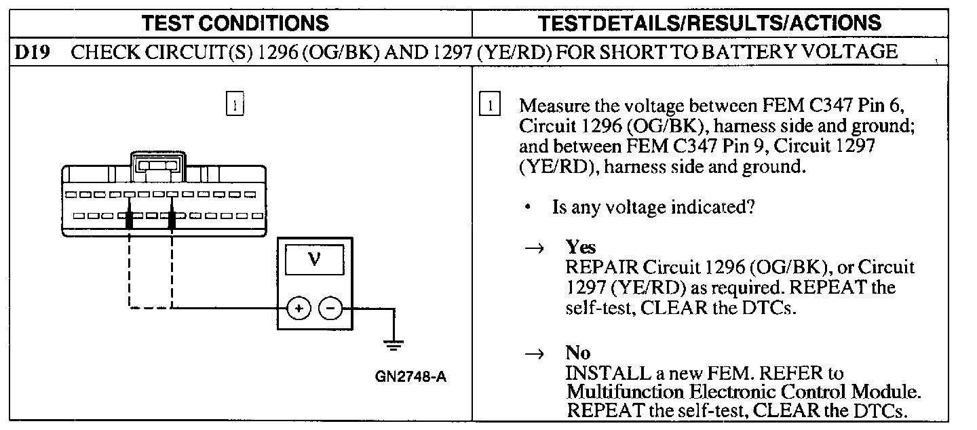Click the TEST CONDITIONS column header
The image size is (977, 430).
pos(235,23)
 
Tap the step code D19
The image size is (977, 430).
pos(33,52)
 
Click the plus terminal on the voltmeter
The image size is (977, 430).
pos(298,309)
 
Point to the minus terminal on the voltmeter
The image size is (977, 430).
pos(331,309)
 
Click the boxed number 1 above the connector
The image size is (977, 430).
pos(234,105)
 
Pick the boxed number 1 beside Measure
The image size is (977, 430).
pos(490,106)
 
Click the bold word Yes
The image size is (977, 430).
pos(580,247)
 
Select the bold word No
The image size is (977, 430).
pos(578,353)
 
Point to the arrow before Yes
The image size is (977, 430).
pos(535,248)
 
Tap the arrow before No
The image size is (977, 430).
pos(535,353)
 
